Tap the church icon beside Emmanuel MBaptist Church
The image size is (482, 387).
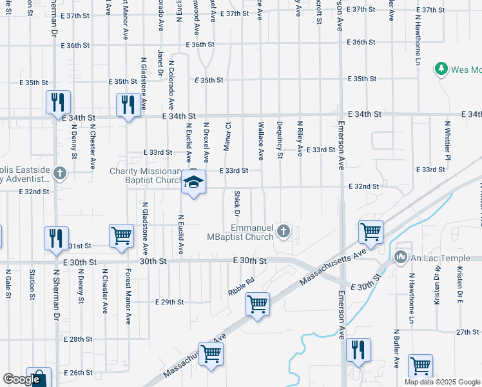282,230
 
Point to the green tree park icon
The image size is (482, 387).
441,68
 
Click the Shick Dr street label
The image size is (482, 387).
237,203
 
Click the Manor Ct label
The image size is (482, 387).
226,135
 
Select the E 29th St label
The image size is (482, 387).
170,302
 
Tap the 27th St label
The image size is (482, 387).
468,332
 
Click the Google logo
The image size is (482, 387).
21,379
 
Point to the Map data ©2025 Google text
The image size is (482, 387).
442,382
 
